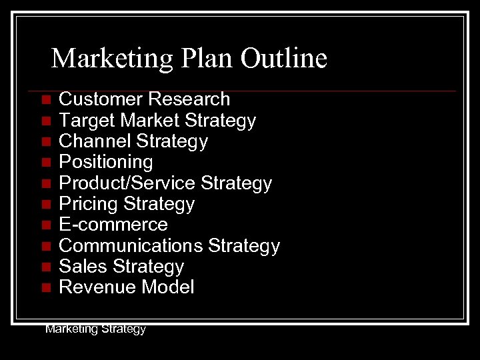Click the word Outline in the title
click(x=283, y=59)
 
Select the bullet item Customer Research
click(x=144, y=99)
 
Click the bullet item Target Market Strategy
click(x=157, y=121)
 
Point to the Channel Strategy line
click(x=133, y=141)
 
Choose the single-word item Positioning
click(x=106, y=162)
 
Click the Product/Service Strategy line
click(x=165, y=183)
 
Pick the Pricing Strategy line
click(x=127, y=203)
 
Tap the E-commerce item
click(x=113, y=225)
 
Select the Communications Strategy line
click(x=169, y=246)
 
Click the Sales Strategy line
click(x=121, y=267)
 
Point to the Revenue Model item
click(x=127, y=287)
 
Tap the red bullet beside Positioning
click(x=45, y=163)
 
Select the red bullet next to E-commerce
click(x=45, y=225)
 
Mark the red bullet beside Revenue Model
click(x=45, y=288)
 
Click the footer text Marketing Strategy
click(x=95, y=329)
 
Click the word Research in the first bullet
click(x=189, y=99)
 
